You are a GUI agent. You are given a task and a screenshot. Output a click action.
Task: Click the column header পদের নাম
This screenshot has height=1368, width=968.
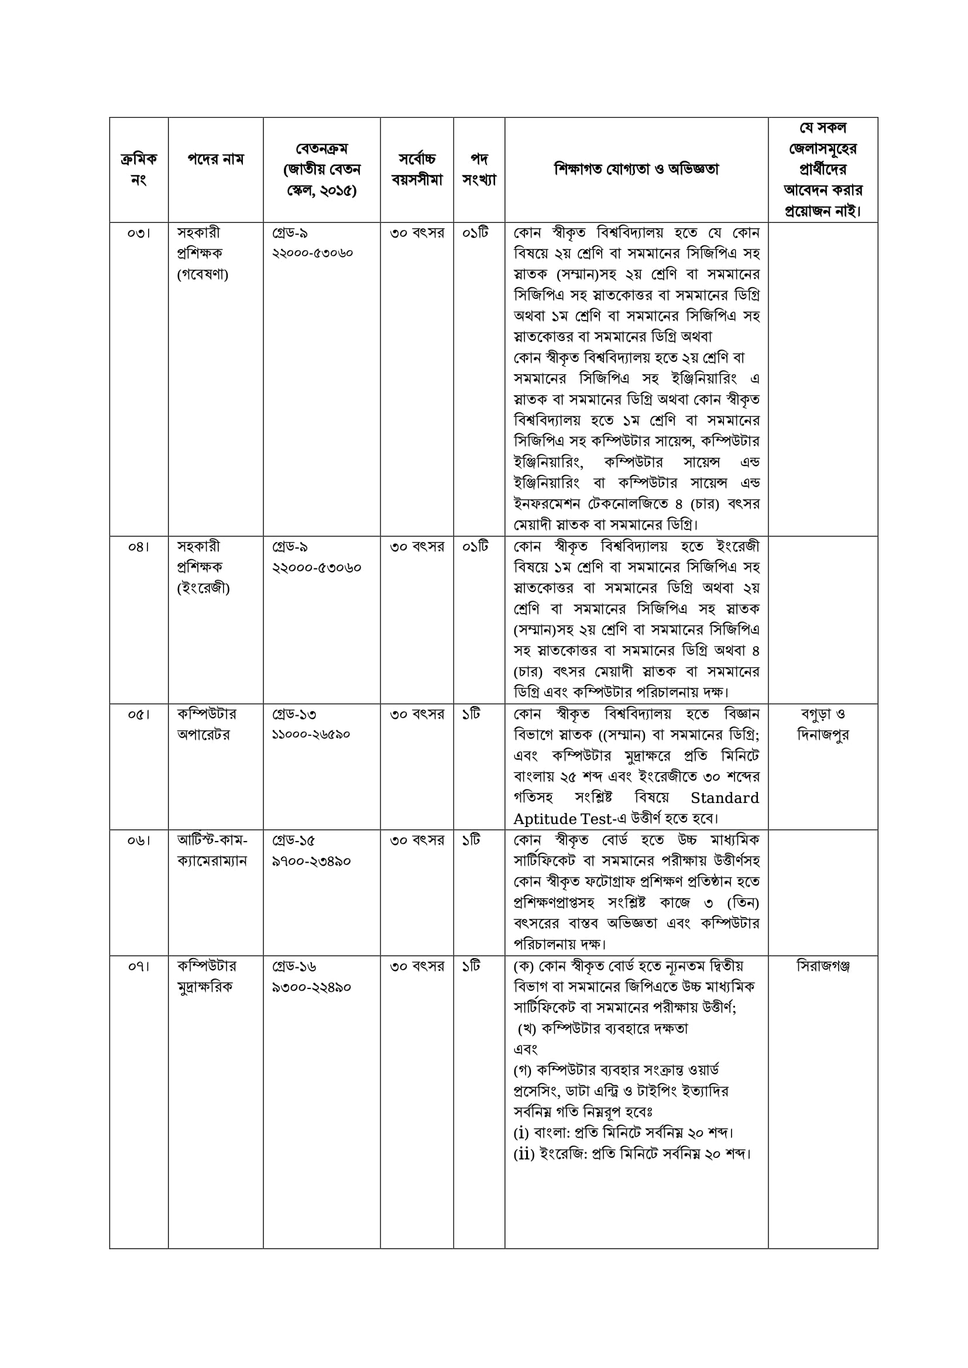(216, 159)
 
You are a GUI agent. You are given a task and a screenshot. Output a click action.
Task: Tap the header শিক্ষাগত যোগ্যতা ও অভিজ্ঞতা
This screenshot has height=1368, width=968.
(637, 169)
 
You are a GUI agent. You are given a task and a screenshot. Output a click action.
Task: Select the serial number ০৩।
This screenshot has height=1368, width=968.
(138, 233)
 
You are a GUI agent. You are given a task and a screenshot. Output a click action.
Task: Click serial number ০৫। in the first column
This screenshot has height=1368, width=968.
(138, 714)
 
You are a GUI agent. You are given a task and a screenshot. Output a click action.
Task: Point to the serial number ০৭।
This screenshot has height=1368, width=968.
(138, 966)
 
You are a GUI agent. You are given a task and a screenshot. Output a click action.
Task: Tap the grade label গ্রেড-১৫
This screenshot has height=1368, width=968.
(294, 840)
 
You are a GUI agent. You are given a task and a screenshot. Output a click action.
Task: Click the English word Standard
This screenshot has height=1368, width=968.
(725, 798)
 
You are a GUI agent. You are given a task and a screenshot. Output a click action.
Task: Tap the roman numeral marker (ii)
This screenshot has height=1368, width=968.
(523, 1154)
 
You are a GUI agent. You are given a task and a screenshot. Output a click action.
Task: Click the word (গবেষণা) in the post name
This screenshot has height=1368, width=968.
(202, 275)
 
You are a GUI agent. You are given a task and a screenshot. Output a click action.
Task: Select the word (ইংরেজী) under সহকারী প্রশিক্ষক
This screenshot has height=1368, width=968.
(203, 588)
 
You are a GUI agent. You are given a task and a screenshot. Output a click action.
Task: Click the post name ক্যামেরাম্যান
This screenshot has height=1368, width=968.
(212, 861)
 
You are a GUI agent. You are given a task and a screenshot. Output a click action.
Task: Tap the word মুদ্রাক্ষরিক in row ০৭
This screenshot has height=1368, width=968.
(205, 987)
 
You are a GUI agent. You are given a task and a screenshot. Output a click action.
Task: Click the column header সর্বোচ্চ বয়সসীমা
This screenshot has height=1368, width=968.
(417, 169)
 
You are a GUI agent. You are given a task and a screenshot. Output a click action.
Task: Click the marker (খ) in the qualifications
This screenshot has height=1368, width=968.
(528, 1029)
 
